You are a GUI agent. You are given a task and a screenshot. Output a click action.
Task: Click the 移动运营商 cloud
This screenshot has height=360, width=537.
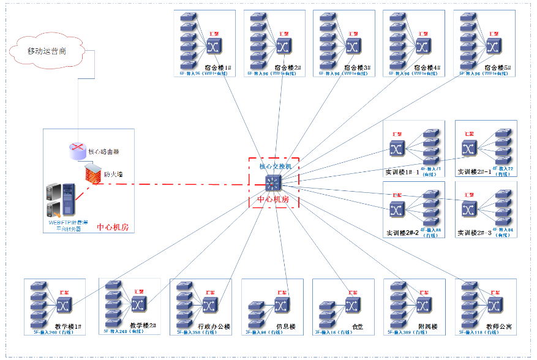pos(47,51)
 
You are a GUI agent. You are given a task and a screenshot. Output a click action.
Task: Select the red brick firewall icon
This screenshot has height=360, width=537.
pos(92,173)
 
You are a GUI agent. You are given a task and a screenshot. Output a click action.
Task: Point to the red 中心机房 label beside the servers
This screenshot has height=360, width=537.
pos(114,228)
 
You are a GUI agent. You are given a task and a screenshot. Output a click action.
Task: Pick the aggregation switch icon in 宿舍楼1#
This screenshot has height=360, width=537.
pos(212,47)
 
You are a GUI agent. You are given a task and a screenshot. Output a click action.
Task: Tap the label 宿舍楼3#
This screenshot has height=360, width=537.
pos(358,67)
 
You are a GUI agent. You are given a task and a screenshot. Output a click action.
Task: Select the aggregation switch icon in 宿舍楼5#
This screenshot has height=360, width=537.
pos(493,47)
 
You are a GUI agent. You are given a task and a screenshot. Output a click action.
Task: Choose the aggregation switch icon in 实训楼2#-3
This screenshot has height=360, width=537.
pos(470,210)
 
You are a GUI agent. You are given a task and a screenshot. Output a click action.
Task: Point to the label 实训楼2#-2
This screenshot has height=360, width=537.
pos(402,233)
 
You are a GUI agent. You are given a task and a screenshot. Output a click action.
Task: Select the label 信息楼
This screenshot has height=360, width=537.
pos(287,326)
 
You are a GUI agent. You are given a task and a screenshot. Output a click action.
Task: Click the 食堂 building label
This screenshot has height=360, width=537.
pos(358,326)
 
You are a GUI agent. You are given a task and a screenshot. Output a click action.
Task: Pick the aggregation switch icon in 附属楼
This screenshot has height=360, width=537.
pos(422,305)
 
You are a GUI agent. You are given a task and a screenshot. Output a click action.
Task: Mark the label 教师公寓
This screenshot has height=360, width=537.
pos(498,326)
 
